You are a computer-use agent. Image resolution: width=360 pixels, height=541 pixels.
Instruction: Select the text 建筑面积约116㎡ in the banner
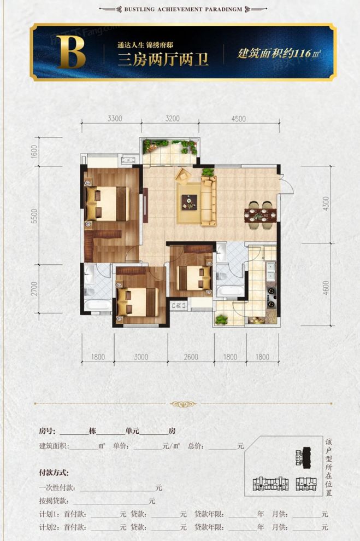pyautogui.click(x=279, y=54)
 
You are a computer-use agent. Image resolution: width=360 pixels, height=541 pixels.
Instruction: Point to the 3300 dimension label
pyautogui.click(x=115, y=118)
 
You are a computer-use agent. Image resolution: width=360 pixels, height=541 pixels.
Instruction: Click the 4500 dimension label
pyautogui.click(x=238, y=118)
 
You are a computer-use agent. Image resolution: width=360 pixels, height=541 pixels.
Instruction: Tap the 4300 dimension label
pyautogui.click(x=326, y=207)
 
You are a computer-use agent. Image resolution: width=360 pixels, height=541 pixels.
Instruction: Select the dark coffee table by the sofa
pyautogui.click(x=189, y=201)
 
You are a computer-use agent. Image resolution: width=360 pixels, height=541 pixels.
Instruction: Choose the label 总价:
pyautogui.click(x=196, y=446)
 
